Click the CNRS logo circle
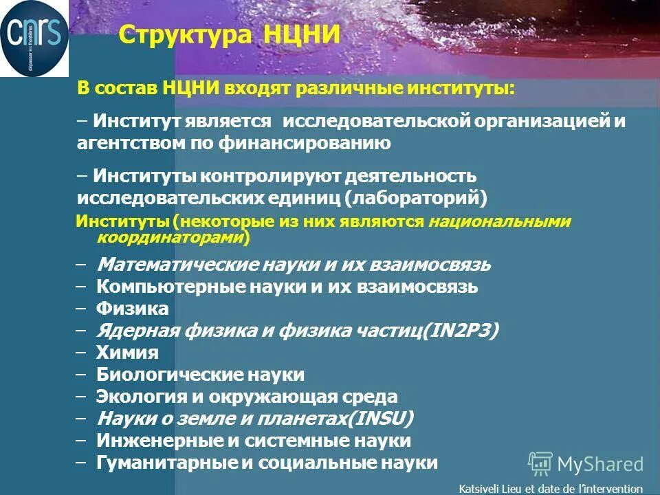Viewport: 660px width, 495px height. click(34, 39)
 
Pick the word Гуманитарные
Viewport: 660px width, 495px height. click(166, 463)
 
